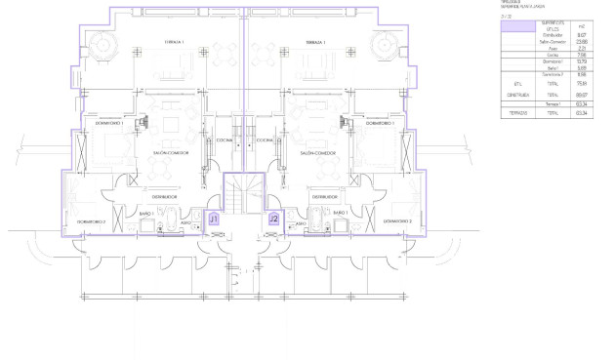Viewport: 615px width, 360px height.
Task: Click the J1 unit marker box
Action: [214, 220]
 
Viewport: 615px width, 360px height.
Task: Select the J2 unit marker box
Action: [274, 220]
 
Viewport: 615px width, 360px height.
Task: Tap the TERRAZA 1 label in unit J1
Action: [175, 43]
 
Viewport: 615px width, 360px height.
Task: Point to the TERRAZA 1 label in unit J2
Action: [314, 43]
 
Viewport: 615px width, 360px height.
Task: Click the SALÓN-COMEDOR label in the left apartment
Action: [174, 153]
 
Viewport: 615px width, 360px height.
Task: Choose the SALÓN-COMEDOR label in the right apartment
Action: [318, 153]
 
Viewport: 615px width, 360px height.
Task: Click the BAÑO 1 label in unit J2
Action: [340, 212]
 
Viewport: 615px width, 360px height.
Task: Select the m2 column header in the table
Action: [554, 25]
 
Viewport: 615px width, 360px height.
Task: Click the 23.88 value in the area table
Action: [554, 40]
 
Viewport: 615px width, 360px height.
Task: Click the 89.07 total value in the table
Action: [554, 95]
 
